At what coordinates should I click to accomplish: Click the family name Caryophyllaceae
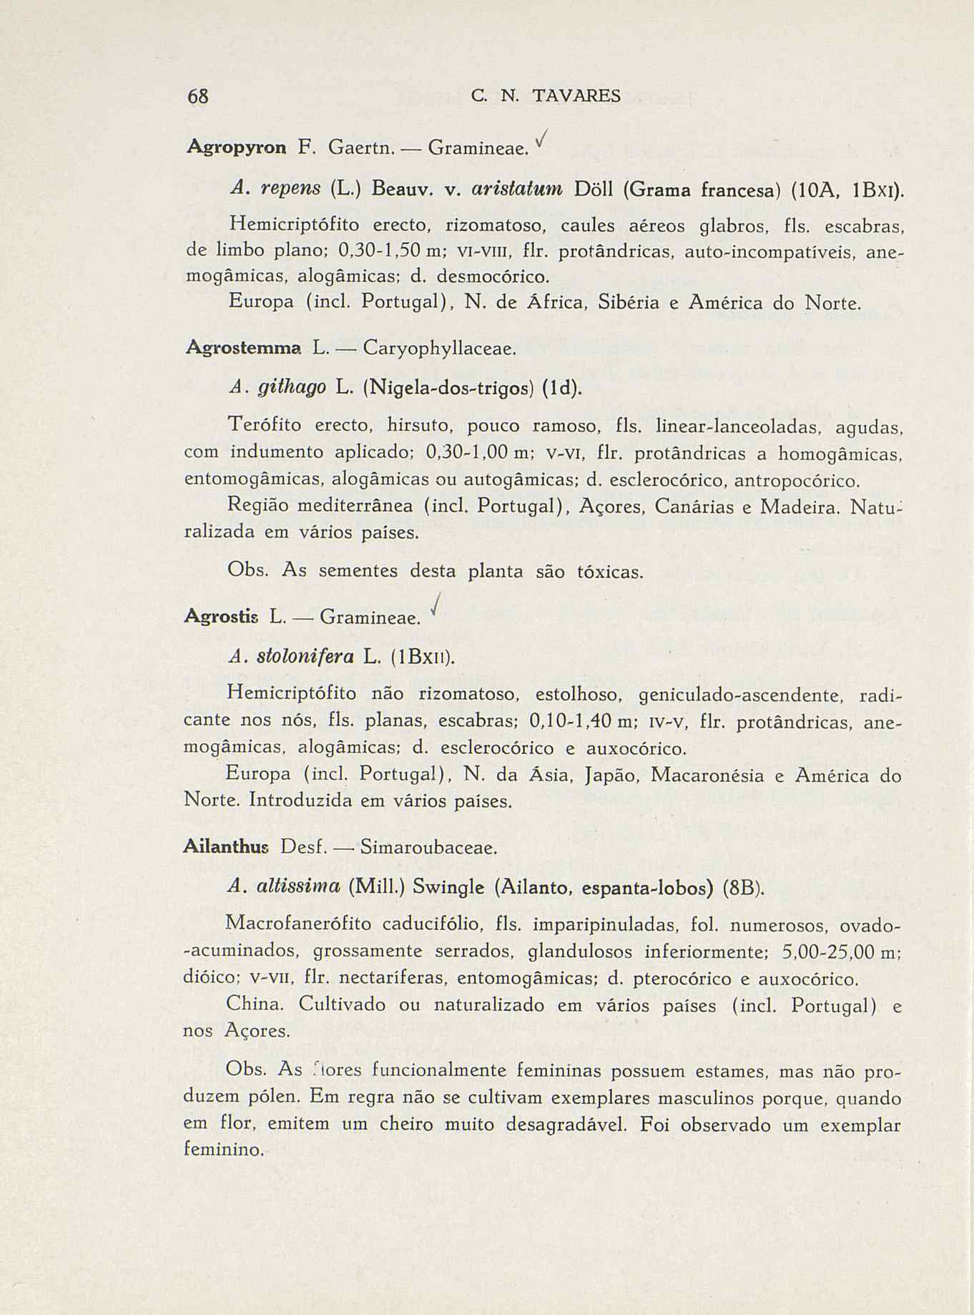coord(438,349)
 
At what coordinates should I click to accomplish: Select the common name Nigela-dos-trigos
coord(448,388)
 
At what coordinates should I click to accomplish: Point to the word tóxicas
coord(609,572)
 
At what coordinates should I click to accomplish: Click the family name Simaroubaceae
coord(428,849)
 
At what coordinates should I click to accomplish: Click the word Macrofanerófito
coord(298,924)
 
